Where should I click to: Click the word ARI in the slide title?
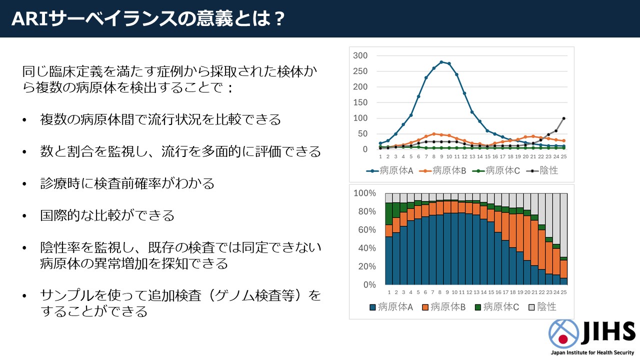[x=29, y=19]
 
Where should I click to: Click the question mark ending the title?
[x=278, y=19]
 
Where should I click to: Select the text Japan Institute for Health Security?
[x=592, y=353]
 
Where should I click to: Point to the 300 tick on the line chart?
[x=360, y=55]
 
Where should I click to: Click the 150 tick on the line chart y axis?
[x=360, y=102]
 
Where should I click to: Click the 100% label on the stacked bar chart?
[x=364, y=193]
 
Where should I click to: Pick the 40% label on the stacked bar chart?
[x=367, y=248]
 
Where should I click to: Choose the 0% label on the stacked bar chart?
[x=369, y=284]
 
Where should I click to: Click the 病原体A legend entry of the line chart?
[x=389, y=171]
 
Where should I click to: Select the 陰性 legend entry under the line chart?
[x=542, y=171]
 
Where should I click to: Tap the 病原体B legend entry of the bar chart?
[x=443, y=307]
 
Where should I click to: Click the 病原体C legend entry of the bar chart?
[x=497, y=307]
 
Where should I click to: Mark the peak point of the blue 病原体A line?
[x=441, y=62]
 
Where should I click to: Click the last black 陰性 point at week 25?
[x=563, y=118]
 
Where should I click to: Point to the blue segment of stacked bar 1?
[x=389, y=260]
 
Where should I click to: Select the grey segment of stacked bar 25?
[x=563, y=225]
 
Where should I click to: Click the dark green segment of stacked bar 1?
[x=389, y=214]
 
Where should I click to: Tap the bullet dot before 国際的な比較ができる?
[x=24, y=216]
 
